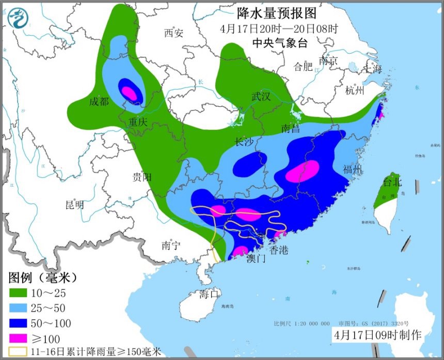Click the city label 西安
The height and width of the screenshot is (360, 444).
pos(173,34)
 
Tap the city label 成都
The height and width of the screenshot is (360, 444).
pos(99,102)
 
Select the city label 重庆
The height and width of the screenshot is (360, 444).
pos(138,122)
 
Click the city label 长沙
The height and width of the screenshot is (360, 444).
pos(245,142)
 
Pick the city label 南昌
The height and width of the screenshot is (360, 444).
pos(291,128)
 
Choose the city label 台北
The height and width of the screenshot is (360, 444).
pos(392,182)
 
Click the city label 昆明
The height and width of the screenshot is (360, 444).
pos(74,204)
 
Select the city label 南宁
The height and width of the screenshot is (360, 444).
pos(170,246)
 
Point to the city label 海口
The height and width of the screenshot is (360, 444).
pos(210,294)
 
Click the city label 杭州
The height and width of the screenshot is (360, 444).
pos(355,91)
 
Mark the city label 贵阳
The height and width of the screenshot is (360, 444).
pos(142,177)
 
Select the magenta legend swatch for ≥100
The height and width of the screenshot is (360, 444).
pos(19,339)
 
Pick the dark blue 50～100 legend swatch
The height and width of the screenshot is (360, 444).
pos(19,324)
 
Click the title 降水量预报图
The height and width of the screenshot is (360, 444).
pos(277,13)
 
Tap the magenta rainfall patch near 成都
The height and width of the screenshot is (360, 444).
pos(130,93)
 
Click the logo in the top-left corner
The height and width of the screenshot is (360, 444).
pos(18,19)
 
